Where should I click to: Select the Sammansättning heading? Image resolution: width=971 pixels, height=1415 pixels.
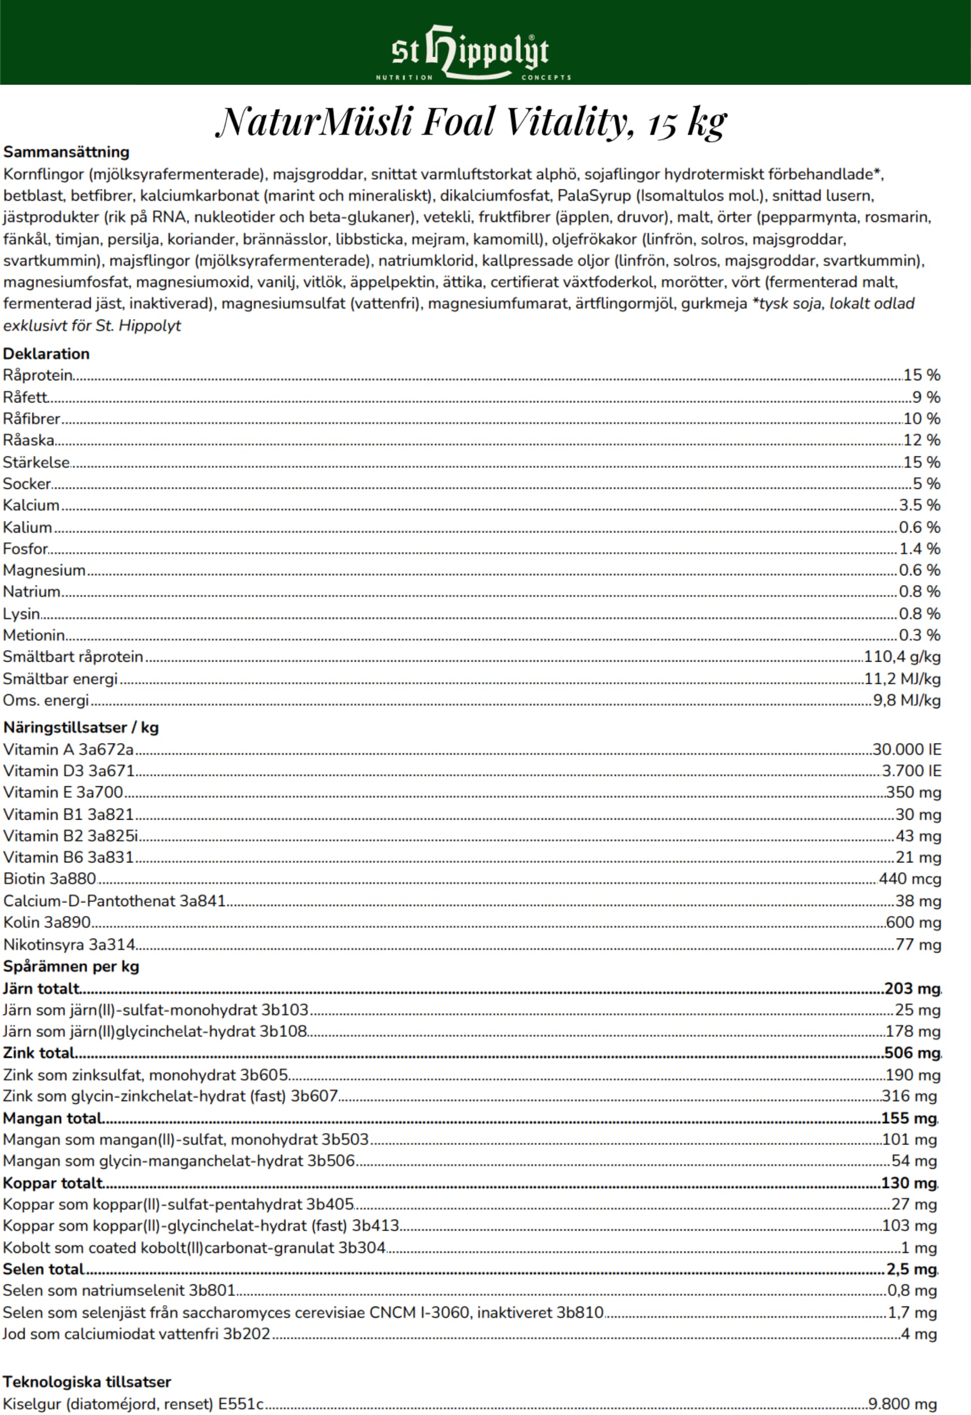[66, 152]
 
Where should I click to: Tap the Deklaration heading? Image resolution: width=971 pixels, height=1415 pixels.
[46, 354]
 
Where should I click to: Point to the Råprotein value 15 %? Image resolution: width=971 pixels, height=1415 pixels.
[922, 375]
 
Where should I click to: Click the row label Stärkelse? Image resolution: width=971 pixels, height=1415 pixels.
[37, 462]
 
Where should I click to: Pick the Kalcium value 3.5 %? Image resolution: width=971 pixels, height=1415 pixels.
[919, 505]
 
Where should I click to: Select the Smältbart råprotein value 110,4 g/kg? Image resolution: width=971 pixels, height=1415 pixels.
[902, 657]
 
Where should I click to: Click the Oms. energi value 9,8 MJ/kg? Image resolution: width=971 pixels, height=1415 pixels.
[907, 700]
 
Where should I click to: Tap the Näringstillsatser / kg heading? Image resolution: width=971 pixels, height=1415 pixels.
[81, 728]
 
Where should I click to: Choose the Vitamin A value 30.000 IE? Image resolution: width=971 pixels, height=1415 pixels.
[907, 750]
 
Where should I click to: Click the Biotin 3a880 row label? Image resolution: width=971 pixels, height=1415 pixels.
[50, 879]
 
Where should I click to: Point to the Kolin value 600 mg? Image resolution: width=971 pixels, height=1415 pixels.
[913, 923]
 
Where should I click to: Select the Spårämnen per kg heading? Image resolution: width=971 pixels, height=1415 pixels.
[71, 966]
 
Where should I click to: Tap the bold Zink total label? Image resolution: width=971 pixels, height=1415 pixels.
[39, 1053]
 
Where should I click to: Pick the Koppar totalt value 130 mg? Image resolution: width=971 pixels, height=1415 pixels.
[909, 1183]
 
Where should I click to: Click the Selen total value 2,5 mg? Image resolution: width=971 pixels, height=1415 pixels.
[911, 1269]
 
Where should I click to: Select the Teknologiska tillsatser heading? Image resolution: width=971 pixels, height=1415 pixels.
[87, 1382]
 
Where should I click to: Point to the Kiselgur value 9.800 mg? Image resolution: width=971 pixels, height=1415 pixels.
[902, 1404]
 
